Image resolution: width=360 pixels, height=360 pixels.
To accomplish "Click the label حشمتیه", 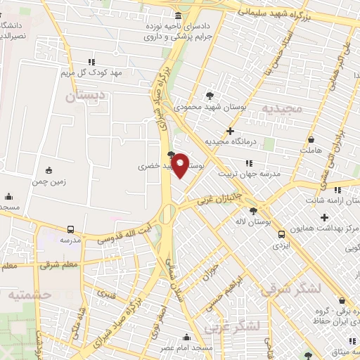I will click(x=30, y=295).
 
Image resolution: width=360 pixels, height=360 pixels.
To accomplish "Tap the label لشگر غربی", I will click(x=232, y=326).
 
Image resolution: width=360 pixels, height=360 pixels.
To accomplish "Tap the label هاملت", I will click(x=309, y=150).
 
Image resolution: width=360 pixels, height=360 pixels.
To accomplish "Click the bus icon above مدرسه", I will click(x=71, y=229).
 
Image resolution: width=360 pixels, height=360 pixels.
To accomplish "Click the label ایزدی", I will click(x=281, y=247).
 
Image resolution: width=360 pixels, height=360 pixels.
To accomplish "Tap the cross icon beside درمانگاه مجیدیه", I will click(x=231, y=131).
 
